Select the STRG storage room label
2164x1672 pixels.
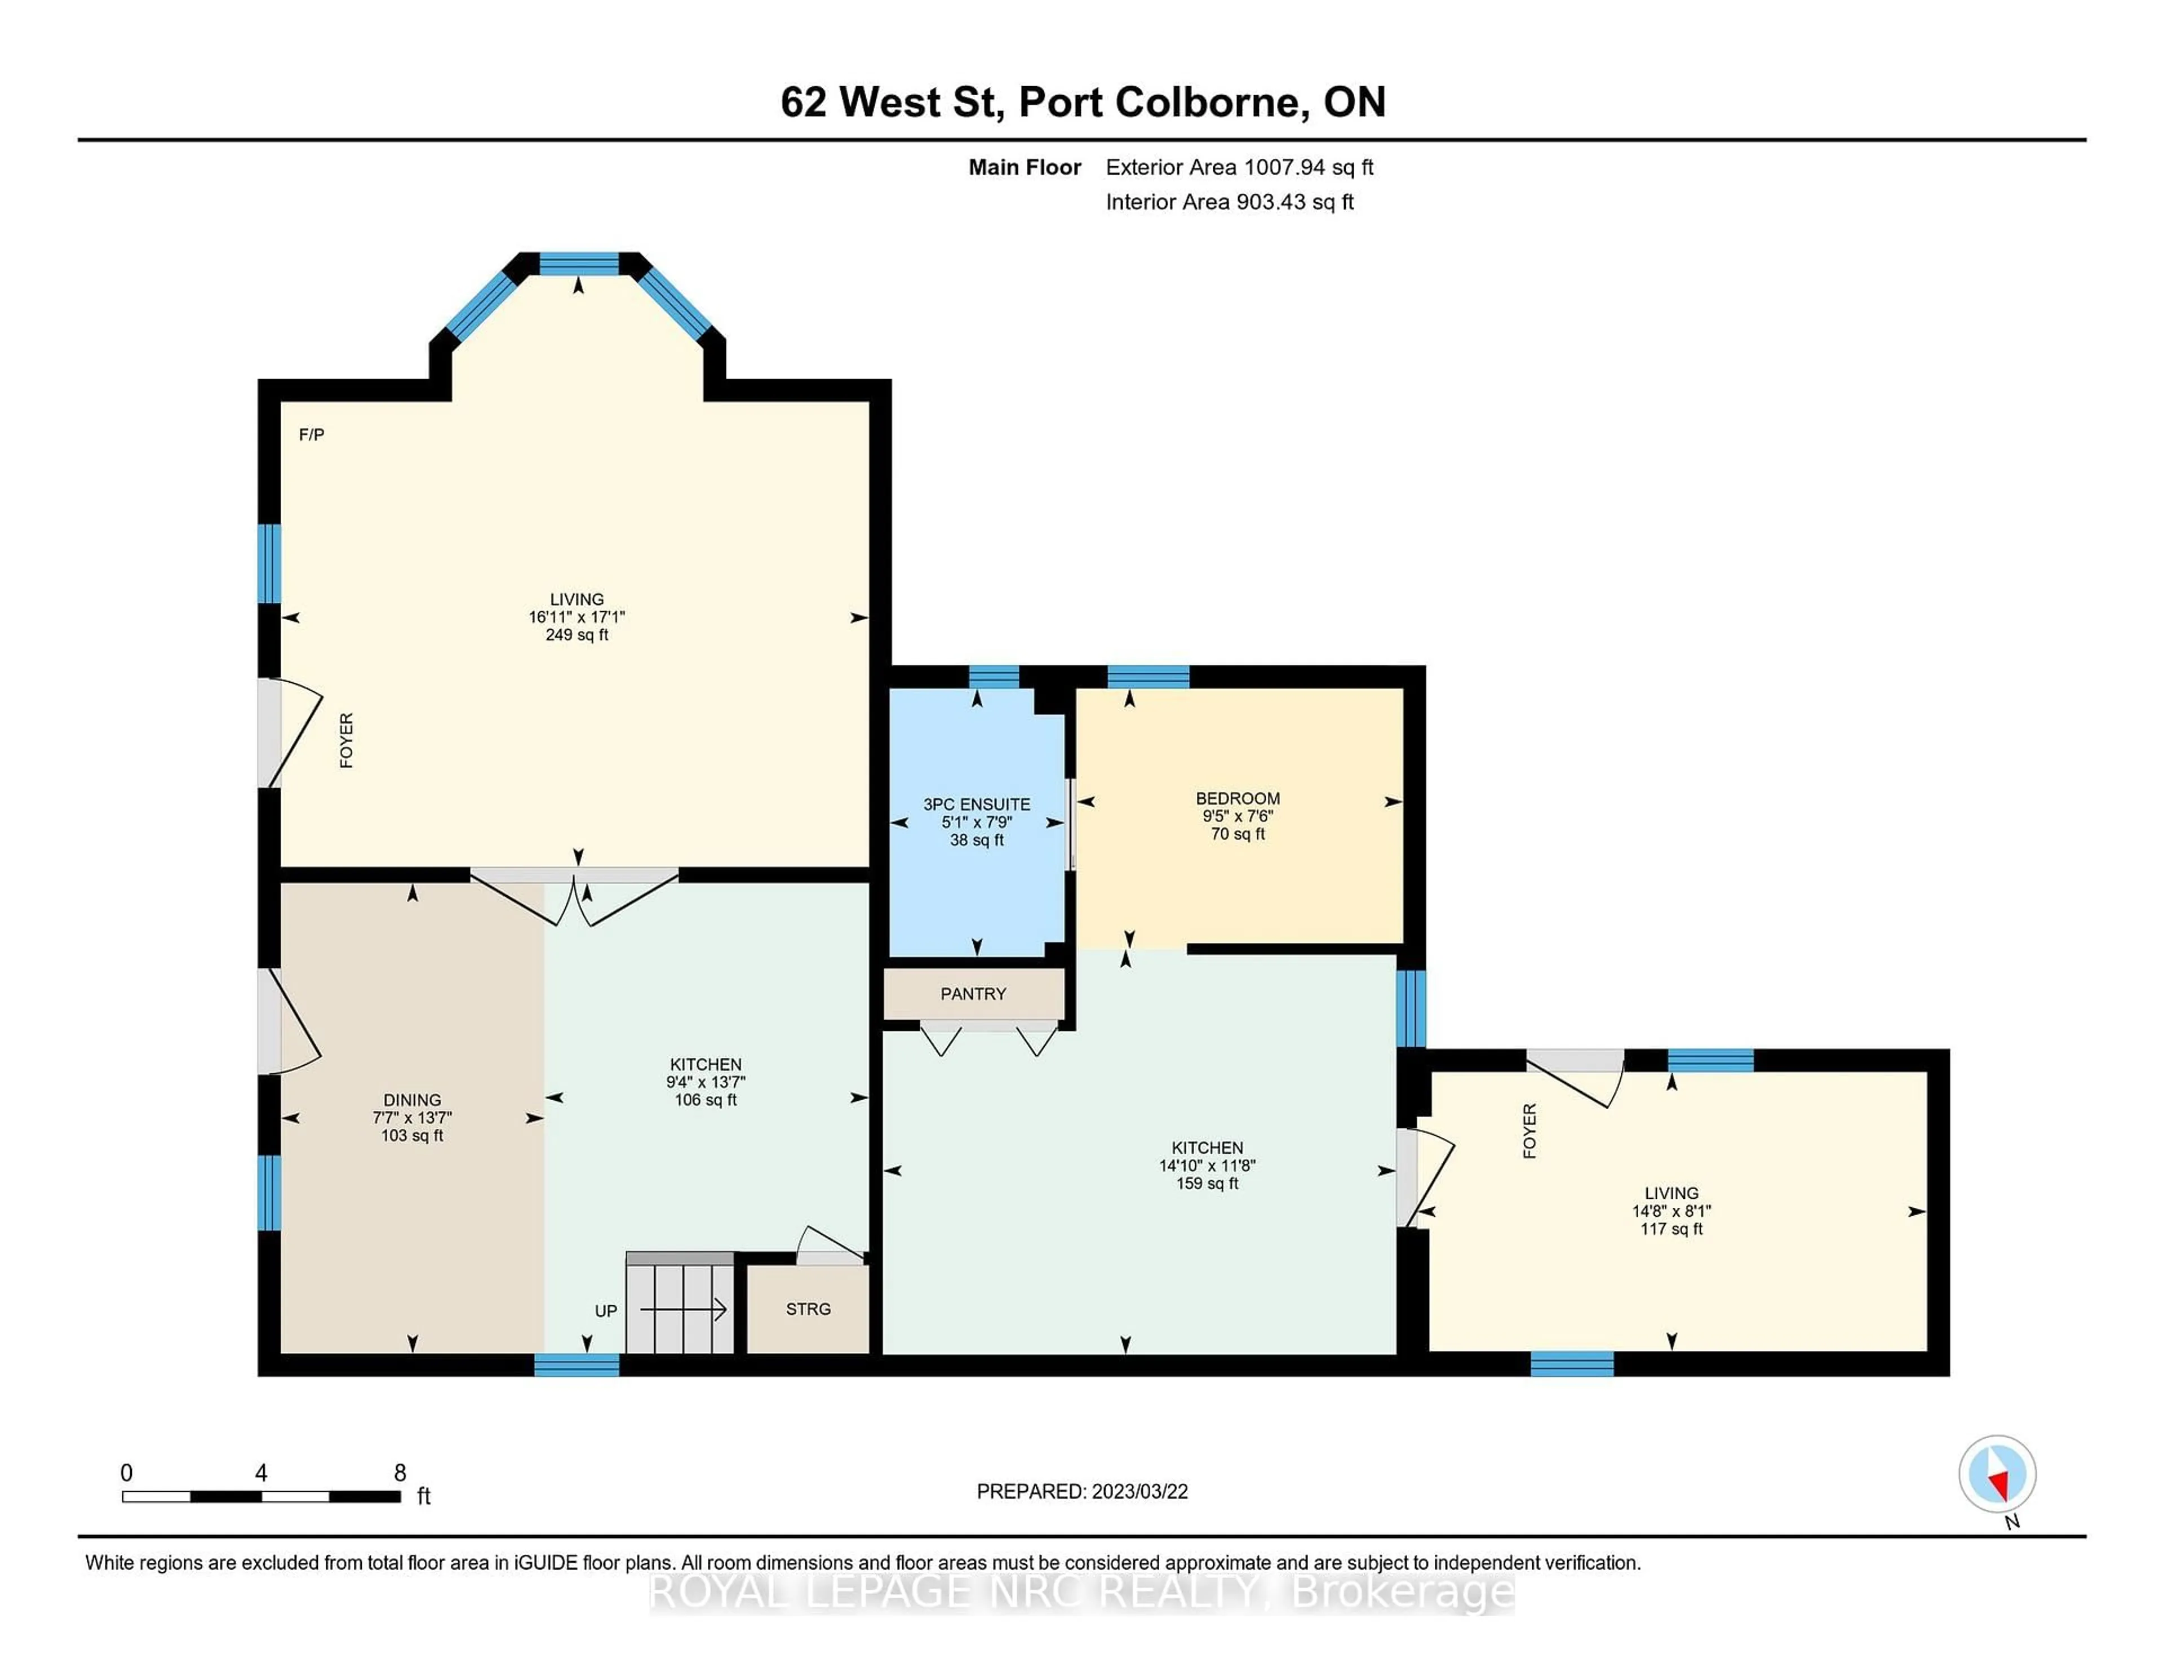[x=808, y=1309]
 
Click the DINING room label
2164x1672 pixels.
[x=412, y=1100]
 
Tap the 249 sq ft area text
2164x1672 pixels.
[x=577, y=635]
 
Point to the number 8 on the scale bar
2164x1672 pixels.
[x=400, y=1473]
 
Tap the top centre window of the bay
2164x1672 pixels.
[x=579, y=264]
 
